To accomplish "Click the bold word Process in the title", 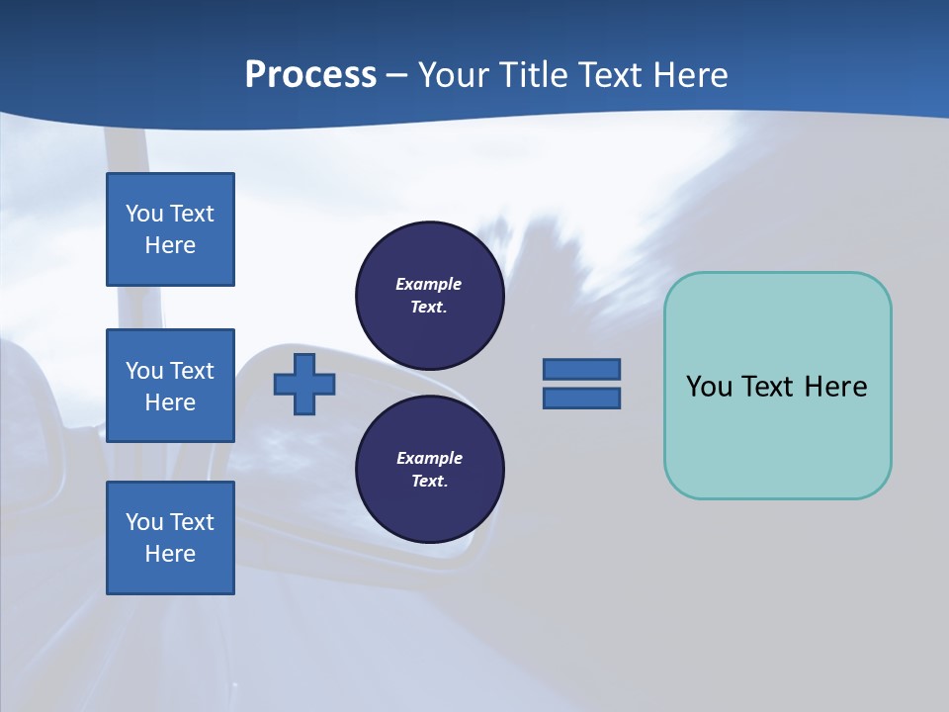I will (310, 75).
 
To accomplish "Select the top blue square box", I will (170, 229).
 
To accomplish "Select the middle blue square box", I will (170, 386).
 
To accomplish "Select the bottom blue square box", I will (170, 538).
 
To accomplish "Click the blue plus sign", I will (304, 384).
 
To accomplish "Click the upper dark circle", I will (430, 295).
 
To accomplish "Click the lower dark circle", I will (430, 469).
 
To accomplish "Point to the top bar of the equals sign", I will (581, 369).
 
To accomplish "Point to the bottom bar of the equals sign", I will (581, 399).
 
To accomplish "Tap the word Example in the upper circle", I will (428, 284).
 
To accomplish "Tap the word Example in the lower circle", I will (429, 458).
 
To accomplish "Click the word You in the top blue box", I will (142, 214).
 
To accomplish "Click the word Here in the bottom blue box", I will (170, 554).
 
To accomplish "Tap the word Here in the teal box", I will (835, 387).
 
